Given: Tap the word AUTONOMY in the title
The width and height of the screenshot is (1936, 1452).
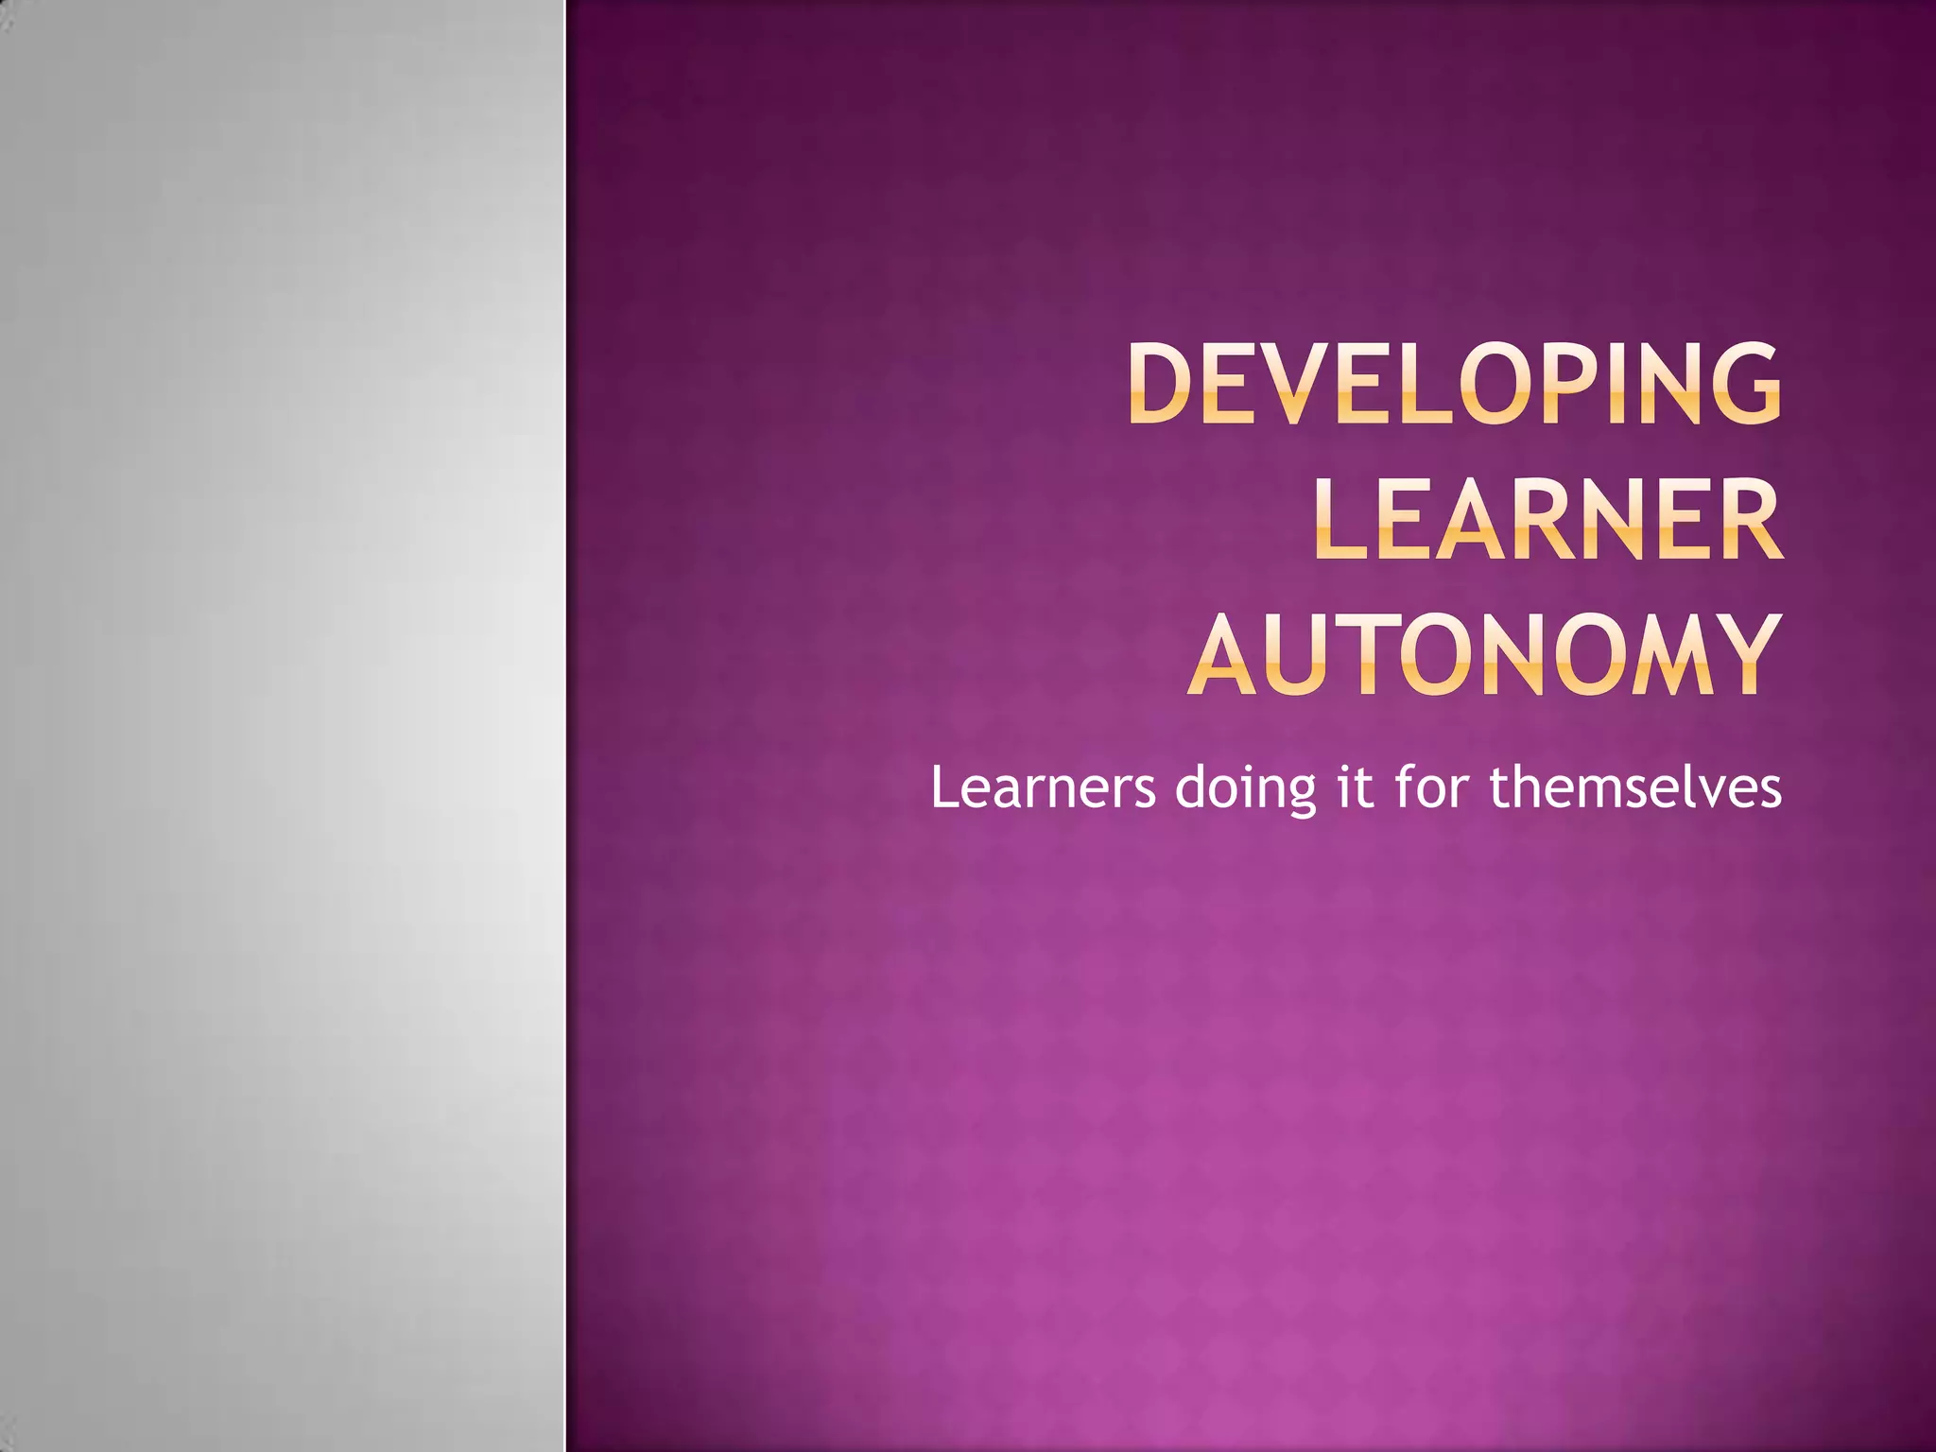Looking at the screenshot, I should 1484,654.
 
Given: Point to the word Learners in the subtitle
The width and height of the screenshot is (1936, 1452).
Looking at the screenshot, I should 1043,787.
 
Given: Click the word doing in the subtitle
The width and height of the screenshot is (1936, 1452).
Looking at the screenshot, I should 1245,787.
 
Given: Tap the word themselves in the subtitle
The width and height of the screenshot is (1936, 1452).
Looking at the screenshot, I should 1635,787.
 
